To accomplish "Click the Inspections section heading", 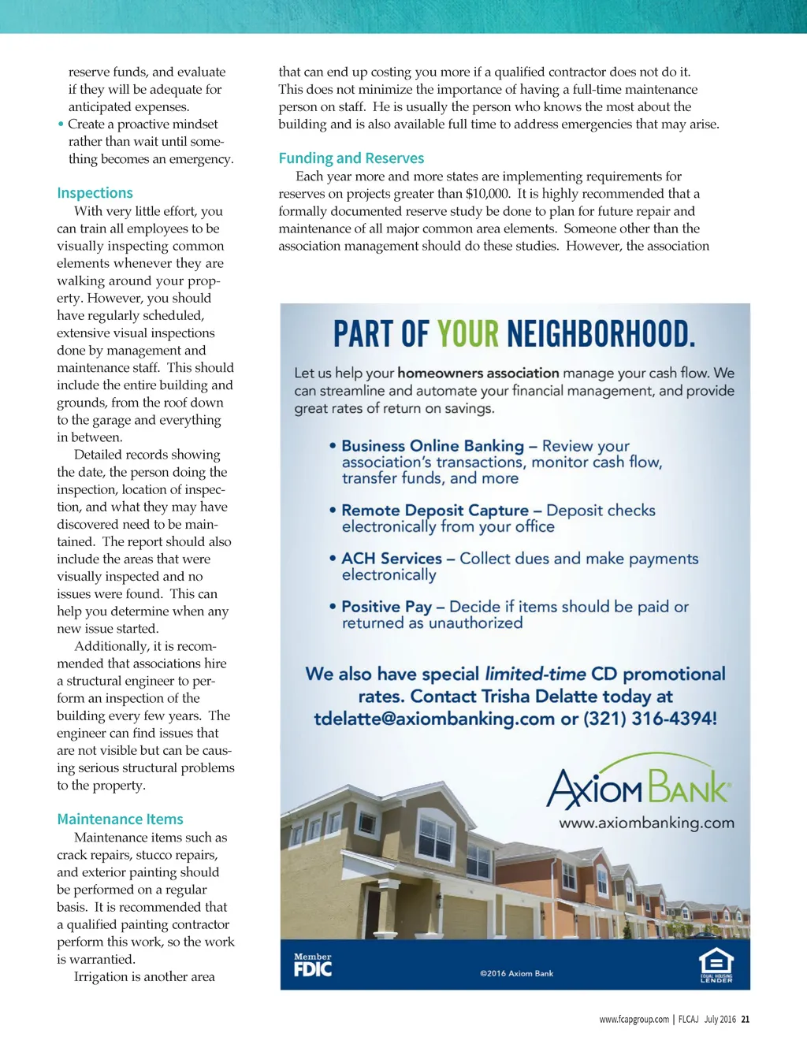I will pyautogui.click(x=95, y=193).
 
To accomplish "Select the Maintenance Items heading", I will pyautogui.click(x=120, y=819).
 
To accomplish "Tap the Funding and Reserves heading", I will pyautogui.click(x=351, y=158).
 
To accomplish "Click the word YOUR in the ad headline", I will pyautogui.click(x=467, y=334).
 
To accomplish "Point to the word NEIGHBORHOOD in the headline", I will pyautogui.click(x=601, y=334).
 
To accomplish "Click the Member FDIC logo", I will pyautogui.click(x=313, y=965).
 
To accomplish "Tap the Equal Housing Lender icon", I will pyautogui.click(x=716, y=965).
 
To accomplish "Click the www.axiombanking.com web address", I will pyautogui.click(x=646, y=823).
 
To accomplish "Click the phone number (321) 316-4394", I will pyautogui.click(x=649, y=719).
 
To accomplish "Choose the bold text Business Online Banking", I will pyautogui.click(x=433, y=446).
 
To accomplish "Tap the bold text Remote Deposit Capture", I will pyautogui.click(x=435, y=511).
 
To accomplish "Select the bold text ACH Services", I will pyautogui.click(x=392, y=559).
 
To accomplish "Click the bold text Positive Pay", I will pyautogui.click(x=386, y=607).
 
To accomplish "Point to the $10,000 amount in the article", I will pyautogui.click(x=487, y=194).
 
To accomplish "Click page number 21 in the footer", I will pyautogui.click(x=746, y=1020).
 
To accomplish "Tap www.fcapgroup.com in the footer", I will pyautogui.click(x=634, y=1020).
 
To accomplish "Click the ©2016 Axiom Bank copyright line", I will pyautogui.click(x=516, y=974).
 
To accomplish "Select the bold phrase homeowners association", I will pyautogui.click(x=478, y=373).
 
